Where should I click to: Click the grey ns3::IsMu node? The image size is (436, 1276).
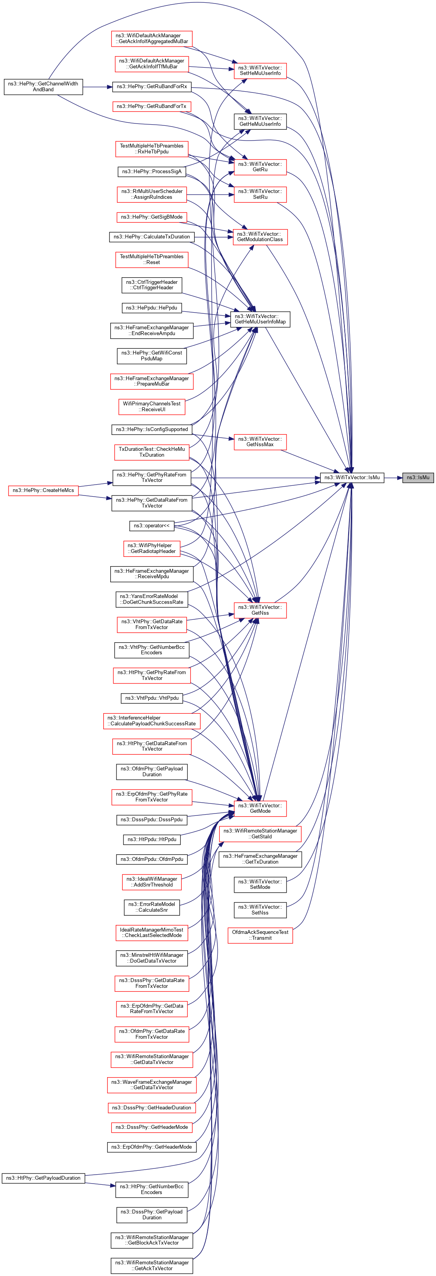coord(418,478)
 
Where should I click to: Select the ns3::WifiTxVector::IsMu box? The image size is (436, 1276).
coord(352,478)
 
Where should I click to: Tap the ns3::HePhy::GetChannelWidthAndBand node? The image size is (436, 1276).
coord(43,87)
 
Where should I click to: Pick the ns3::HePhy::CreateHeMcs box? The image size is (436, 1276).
coord(43,490)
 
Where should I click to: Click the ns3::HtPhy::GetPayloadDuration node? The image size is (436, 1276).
coord(43,1178)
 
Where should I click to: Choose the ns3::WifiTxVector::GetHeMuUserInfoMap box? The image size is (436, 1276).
coord(260,319)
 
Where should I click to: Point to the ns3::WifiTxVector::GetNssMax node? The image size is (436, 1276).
coord(260,442)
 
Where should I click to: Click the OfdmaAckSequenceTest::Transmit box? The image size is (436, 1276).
coord(260,935)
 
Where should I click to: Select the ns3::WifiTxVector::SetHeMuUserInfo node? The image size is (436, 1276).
coord(260,70)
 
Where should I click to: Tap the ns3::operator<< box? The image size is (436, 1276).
coord(151,525)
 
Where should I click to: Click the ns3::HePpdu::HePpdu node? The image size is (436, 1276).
coord(151,308)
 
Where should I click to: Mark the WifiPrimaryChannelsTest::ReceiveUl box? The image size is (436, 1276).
coord(151,407)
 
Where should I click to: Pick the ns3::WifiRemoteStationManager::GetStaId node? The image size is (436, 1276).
coord(260,834)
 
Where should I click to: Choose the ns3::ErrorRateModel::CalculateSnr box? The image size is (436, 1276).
coord(151,907)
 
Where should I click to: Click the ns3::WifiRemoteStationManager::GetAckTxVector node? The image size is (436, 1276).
coord(151,1266)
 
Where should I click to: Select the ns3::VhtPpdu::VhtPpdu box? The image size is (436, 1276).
coord(151,698)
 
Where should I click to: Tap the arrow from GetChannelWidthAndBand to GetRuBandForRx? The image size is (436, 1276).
coord(97,87)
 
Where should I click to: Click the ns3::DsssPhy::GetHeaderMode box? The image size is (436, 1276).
coord(151,1127)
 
